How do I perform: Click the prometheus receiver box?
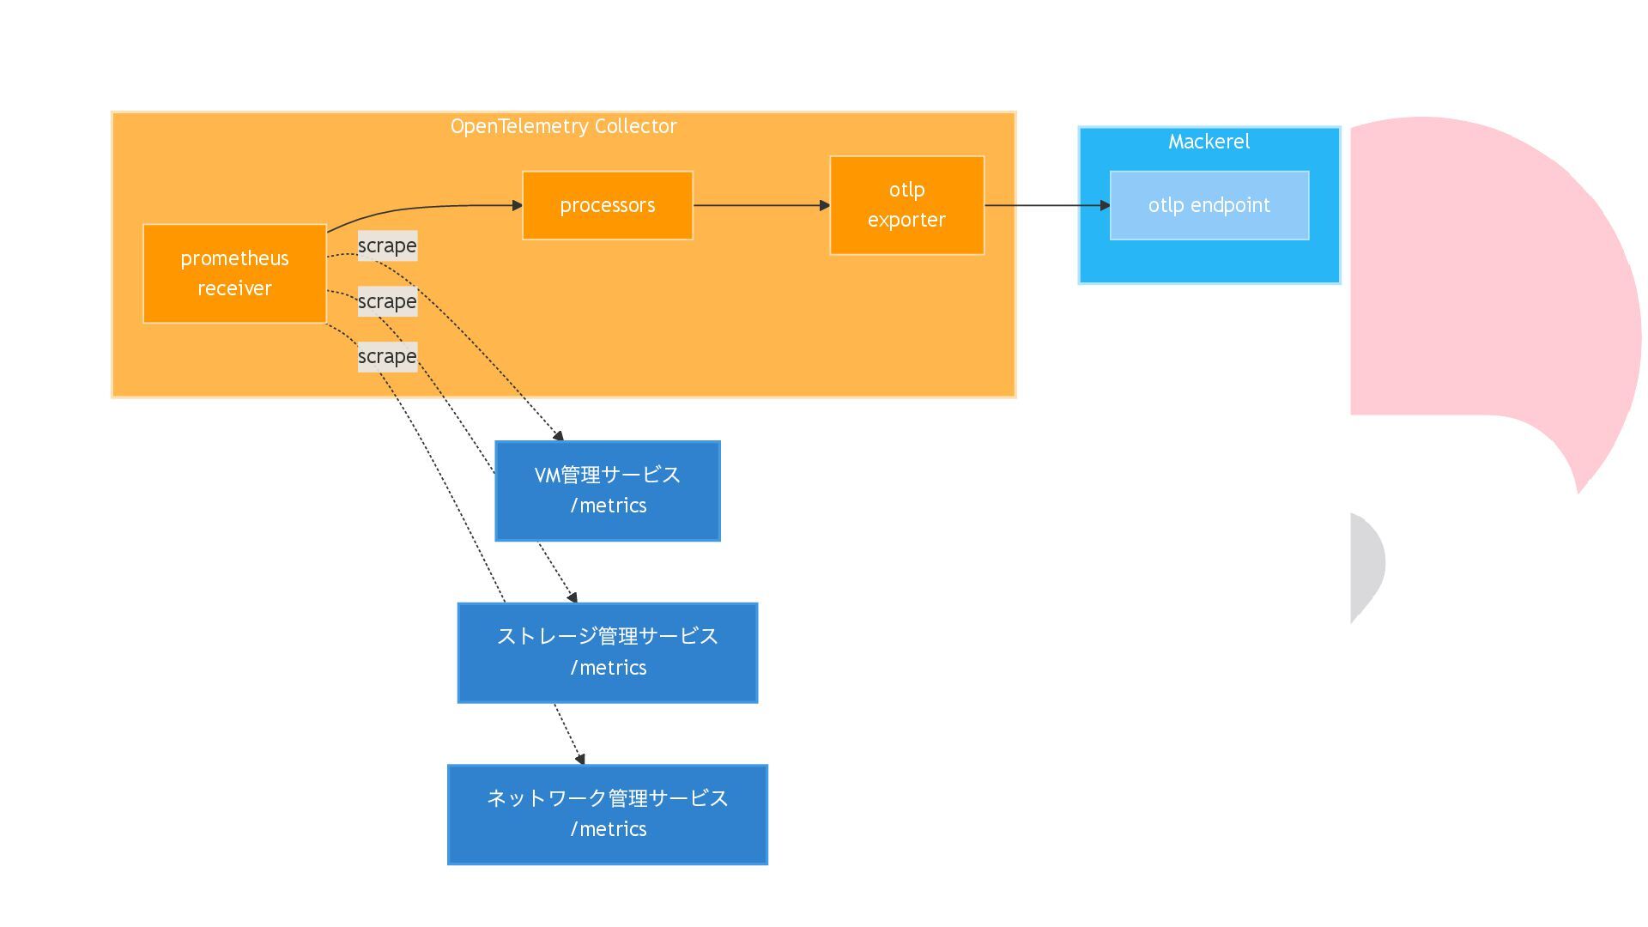[234, 274]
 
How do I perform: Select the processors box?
[608, 205]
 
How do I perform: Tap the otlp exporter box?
[906, 205]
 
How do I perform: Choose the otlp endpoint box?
[1209, 205]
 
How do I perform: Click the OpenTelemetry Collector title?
[564, 126]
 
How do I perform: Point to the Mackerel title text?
[1209, 142]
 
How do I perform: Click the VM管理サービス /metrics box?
[608, 491]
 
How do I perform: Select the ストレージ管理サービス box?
[608, 652]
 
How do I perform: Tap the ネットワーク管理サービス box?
[608, 815]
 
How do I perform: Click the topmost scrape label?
[387, 245]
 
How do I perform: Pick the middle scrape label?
[387, 301]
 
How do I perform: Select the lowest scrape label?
[387, 356]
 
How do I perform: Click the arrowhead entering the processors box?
[518, 205]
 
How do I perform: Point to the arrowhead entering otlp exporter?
[825, 205]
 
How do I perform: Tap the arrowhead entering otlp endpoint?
[1106, 205]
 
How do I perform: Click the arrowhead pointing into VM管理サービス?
[559, 436]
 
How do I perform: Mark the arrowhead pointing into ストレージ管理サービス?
[573, 597]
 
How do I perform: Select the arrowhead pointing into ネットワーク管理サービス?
[580, 759]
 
